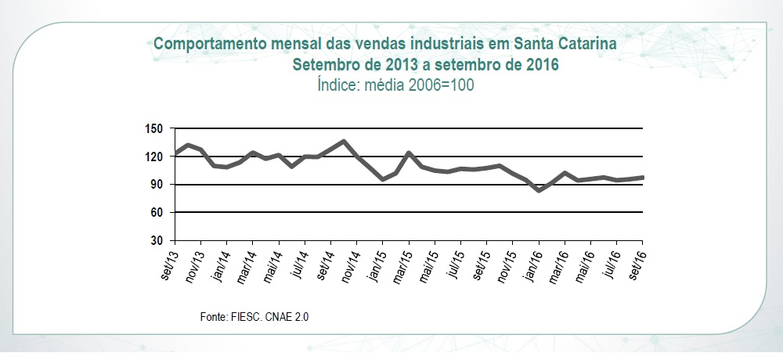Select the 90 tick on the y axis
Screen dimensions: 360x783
click(154, 185)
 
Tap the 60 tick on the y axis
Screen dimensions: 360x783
click(154, 212)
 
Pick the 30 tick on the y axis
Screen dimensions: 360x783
click(154, 240)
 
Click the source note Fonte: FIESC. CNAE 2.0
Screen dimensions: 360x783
click(259, 316)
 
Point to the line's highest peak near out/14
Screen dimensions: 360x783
click(344, 142)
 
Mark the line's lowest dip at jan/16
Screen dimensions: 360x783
click(539, 190)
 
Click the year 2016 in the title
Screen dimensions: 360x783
click(540, 64)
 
